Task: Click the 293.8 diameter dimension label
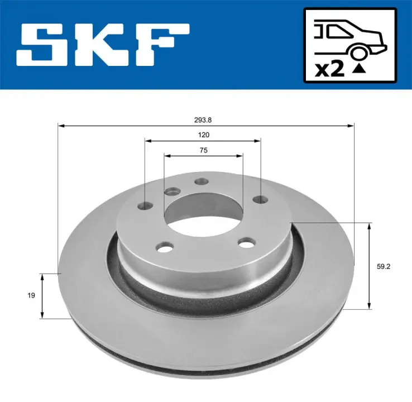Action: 203,120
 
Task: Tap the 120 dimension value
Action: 204,135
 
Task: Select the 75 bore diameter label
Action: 204,150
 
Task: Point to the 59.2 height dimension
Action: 384,266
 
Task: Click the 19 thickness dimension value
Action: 31,295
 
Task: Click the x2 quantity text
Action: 330,70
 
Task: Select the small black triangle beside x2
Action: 359,69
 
